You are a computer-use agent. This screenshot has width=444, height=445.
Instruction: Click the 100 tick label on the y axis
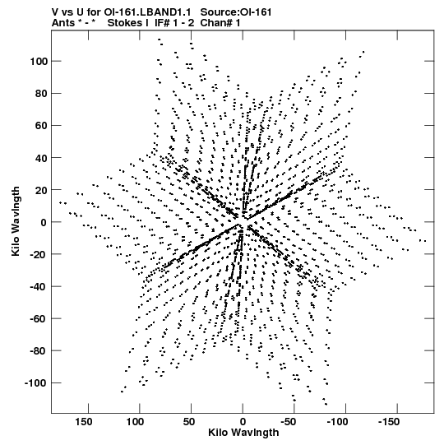39,62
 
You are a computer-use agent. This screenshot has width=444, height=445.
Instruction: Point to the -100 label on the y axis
35,383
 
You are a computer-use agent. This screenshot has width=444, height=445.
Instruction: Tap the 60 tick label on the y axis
41,126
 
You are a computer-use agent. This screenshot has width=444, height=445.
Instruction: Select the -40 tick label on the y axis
39,286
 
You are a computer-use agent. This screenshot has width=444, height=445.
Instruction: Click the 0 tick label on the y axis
44,222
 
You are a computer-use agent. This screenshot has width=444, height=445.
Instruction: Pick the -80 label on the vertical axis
39,351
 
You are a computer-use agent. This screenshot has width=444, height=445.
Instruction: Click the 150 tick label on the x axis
84,422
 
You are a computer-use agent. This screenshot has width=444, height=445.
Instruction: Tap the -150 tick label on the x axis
389,422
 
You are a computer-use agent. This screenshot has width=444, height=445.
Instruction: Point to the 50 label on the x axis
189,422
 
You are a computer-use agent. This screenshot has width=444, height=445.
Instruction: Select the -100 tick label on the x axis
337,422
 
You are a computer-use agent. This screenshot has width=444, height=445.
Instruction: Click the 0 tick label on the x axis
243,422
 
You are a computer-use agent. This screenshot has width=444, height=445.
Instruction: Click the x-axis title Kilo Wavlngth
243,433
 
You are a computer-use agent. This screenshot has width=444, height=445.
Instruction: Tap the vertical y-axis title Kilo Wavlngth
16,221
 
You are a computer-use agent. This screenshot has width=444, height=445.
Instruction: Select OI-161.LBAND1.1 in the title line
147,12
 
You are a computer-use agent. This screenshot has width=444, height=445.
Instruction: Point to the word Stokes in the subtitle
124,23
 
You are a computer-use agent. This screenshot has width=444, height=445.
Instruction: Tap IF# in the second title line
162,23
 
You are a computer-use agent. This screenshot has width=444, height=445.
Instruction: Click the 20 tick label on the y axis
41,190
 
